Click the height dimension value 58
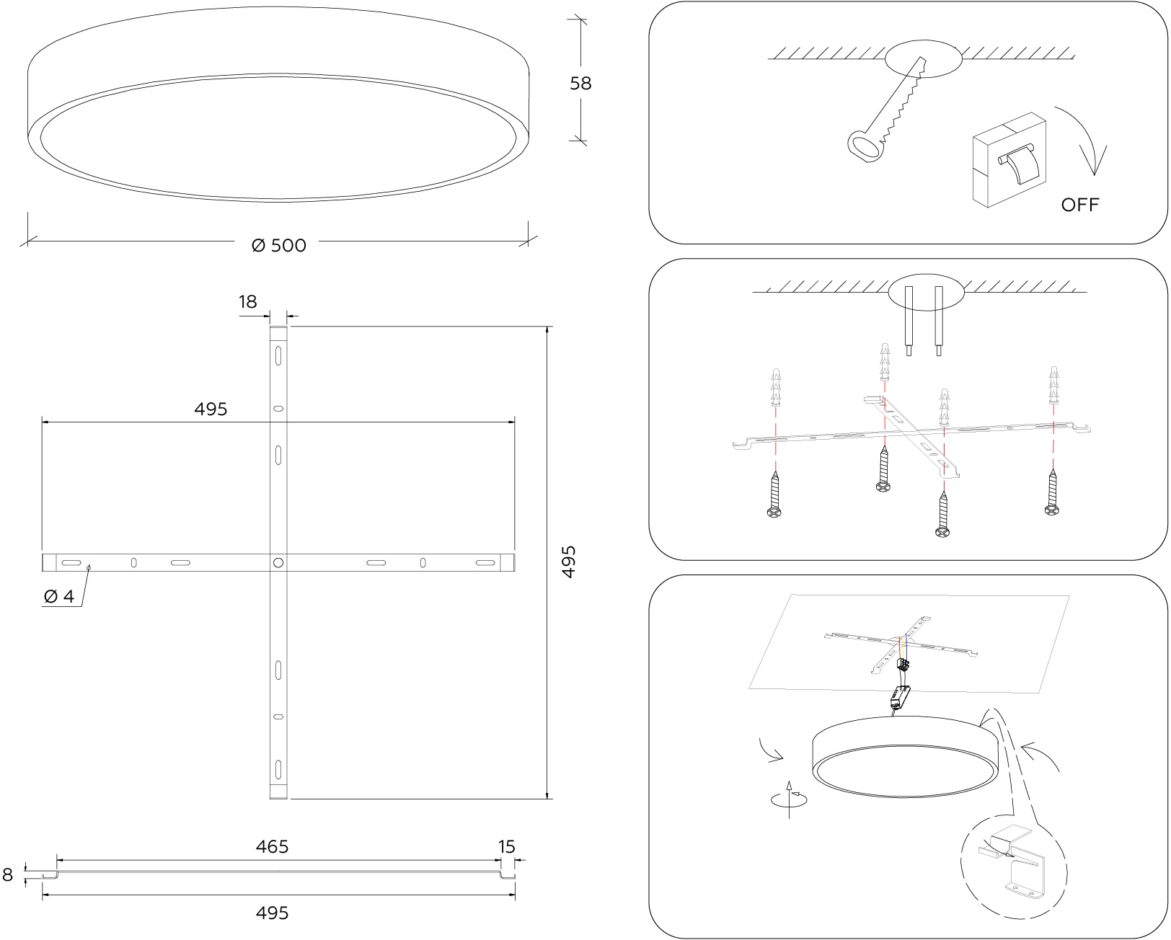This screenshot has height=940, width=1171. click(580, 83)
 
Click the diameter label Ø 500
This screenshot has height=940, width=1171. click(278, 245)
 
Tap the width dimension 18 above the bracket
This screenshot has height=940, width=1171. click(247, 302)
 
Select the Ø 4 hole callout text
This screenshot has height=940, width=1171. click(59, 596)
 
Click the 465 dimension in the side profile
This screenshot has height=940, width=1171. click(272, 846)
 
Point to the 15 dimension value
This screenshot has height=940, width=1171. click(507, 846)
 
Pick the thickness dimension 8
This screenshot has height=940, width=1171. click(8, 874)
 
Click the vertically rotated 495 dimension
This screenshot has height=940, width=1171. click(568, 562)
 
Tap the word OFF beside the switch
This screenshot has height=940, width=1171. click(1079, 205)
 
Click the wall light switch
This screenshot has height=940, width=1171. click(1009, 160)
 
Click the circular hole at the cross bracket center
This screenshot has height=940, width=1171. click(278, 562)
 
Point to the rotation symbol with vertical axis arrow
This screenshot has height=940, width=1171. click(789, 799)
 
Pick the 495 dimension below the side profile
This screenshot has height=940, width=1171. click(272, 913)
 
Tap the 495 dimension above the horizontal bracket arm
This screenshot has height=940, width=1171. click(211, 409)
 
